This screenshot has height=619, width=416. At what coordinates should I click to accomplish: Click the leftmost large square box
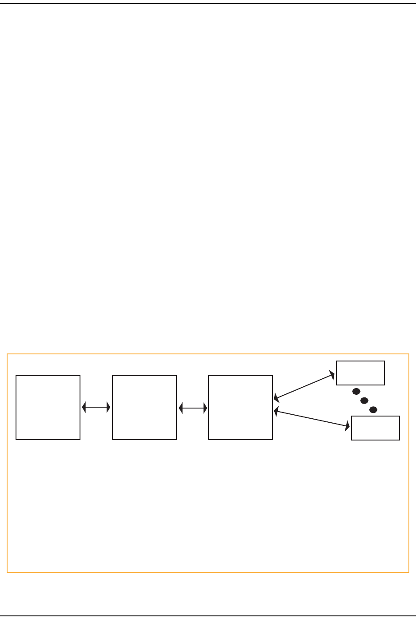click(48, 408)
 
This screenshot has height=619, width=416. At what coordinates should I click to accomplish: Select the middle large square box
click(144, 408)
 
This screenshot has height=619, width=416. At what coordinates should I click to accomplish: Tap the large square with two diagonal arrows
click(240, 408)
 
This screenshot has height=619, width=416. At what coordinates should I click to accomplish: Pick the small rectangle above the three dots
click(360, 373)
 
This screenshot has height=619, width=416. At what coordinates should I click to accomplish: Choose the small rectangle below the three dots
click(376, 428)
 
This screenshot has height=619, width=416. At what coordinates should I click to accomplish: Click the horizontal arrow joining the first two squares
click(96, 407)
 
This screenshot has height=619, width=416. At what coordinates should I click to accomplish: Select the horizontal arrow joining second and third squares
click(193, 407)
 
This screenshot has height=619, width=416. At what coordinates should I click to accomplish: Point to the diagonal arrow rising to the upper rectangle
click(304, 386)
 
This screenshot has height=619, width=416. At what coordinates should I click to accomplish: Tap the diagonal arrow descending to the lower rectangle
click(312, 419)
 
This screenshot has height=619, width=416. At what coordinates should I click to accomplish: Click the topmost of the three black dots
click(356, 392)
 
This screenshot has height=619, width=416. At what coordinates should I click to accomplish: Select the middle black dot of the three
click(364, 401)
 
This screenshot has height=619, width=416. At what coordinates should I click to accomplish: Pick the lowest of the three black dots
click(373, 409)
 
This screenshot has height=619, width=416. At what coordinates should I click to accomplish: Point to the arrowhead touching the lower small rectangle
click(347, 427)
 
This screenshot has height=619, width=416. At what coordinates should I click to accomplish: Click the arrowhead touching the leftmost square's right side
click(84, 407)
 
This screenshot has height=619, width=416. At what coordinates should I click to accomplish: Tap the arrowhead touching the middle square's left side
click(108, 407)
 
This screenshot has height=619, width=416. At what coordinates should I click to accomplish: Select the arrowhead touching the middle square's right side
click(180, 407)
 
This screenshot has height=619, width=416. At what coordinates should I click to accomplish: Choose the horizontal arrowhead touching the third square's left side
click(205, 407)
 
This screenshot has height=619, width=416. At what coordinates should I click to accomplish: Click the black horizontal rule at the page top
click(208, 4)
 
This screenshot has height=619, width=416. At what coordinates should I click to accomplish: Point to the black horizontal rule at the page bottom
click(208, 615)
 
